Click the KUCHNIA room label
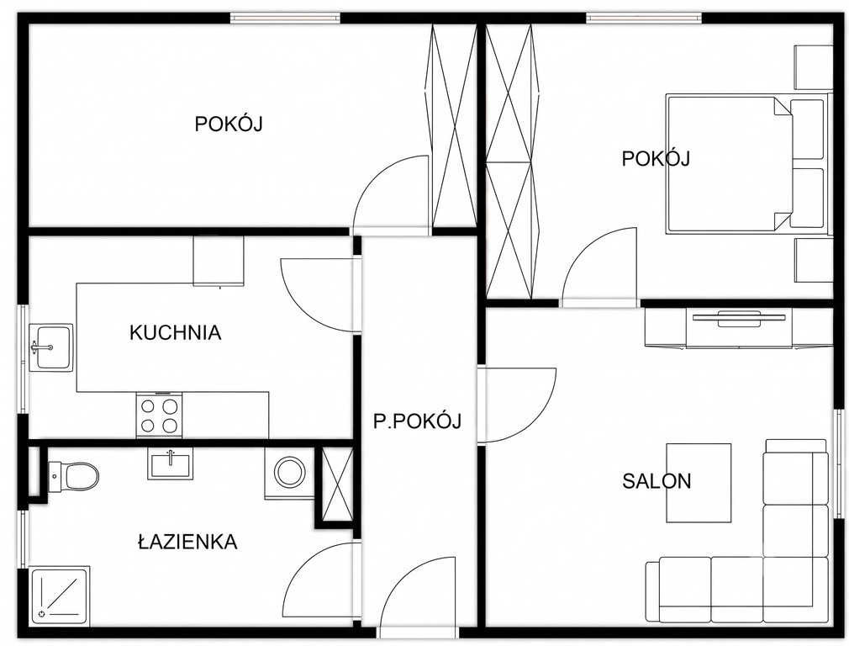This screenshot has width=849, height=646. tap(176, 332)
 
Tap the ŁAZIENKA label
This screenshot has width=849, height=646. tap(187, 542)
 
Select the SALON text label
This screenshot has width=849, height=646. tap(657, 481)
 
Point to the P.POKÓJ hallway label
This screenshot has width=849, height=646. tap(417, 421)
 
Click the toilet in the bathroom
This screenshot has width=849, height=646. tap(74, 477)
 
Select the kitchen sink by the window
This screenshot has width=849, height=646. tap(50, 347)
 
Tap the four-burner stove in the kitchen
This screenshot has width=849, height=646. tap(159, 415)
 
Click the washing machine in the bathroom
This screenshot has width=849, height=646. tap(289, 472)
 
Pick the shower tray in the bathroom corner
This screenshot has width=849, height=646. tap(59, 595)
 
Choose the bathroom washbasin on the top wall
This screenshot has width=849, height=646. tap(170, 464)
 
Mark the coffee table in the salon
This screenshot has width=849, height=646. tap(699, 483)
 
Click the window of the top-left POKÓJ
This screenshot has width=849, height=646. tap(286, 18)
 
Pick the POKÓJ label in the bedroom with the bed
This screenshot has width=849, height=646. tap(655, 158)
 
